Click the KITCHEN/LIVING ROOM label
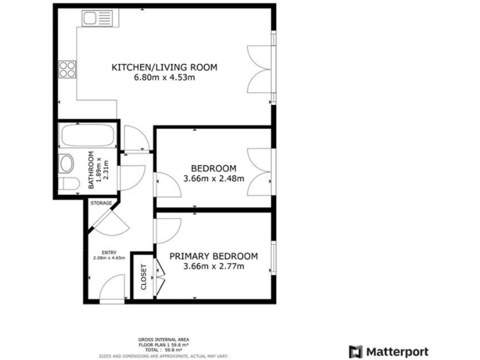[164, 67]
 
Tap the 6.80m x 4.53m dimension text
[164, 78]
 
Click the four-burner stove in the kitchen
[67, 68]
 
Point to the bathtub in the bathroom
[86, 134]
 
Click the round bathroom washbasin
[67, 163]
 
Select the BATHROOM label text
[91, 170]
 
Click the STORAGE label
[101, 203]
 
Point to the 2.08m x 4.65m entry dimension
[109, 257]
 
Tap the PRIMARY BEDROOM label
[213, 256]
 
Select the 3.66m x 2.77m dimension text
[213, 267]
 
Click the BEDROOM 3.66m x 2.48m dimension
[213, 178]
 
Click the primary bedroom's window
[273, 257]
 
